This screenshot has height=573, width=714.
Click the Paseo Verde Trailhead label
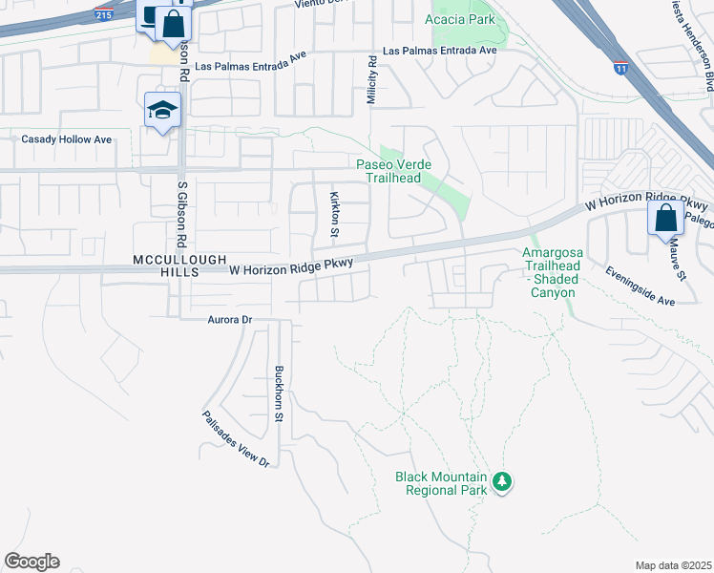pyautogui.click(x=402, y=171)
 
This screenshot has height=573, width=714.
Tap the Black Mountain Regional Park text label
pyautogui.click(x=441, y=483)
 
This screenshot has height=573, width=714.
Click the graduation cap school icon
pyautogui.click(x=162, y=111)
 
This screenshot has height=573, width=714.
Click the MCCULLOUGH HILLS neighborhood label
pyautogui.click(x=166, y=265)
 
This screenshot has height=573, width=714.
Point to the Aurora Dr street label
pyautogui.click(x=228, y=320)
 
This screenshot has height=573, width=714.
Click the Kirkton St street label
pyautogui.click(x=334, y=214)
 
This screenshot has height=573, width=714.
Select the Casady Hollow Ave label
pyautogui.click(x=67, y=139)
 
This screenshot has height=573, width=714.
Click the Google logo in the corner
pyautogui.click(x=31, y=562)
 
